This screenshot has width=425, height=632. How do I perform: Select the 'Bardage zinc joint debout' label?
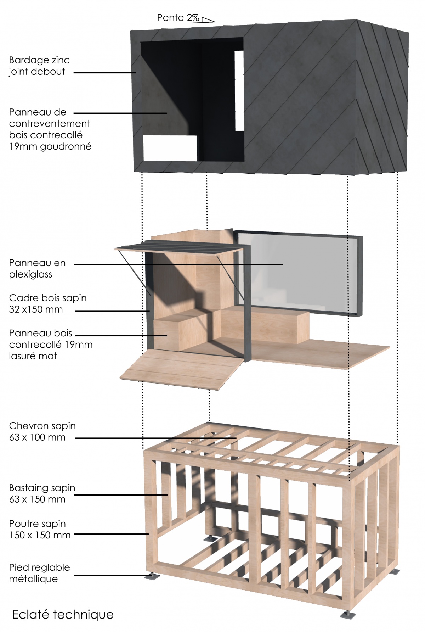point(39,66)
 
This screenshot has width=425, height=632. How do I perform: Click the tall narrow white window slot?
point(239,91)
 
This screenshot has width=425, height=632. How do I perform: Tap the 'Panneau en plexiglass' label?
point(37,269)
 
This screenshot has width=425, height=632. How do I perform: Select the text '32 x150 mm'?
point(36,309)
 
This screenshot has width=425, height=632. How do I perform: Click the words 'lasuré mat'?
point(33,356)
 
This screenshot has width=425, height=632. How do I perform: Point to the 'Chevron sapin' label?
point(42,426)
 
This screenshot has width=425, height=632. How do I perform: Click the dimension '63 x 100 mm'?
point(37,437)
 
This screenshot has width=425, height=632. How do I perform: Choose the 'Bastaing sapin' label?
point(42,488)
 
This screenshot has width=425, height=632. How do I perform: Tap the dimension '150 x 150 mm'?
point(40,535)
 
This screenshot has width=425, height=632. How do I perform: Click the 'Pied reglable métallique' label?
point(39,573)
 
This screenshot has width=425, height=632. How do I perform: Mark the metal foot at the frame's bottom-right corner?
point(347,614)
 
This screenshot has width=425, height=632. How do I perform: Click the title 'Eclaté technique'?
point(63,614)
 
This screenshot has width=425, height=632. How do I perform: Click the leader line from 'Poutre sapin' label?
point(111,534)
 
